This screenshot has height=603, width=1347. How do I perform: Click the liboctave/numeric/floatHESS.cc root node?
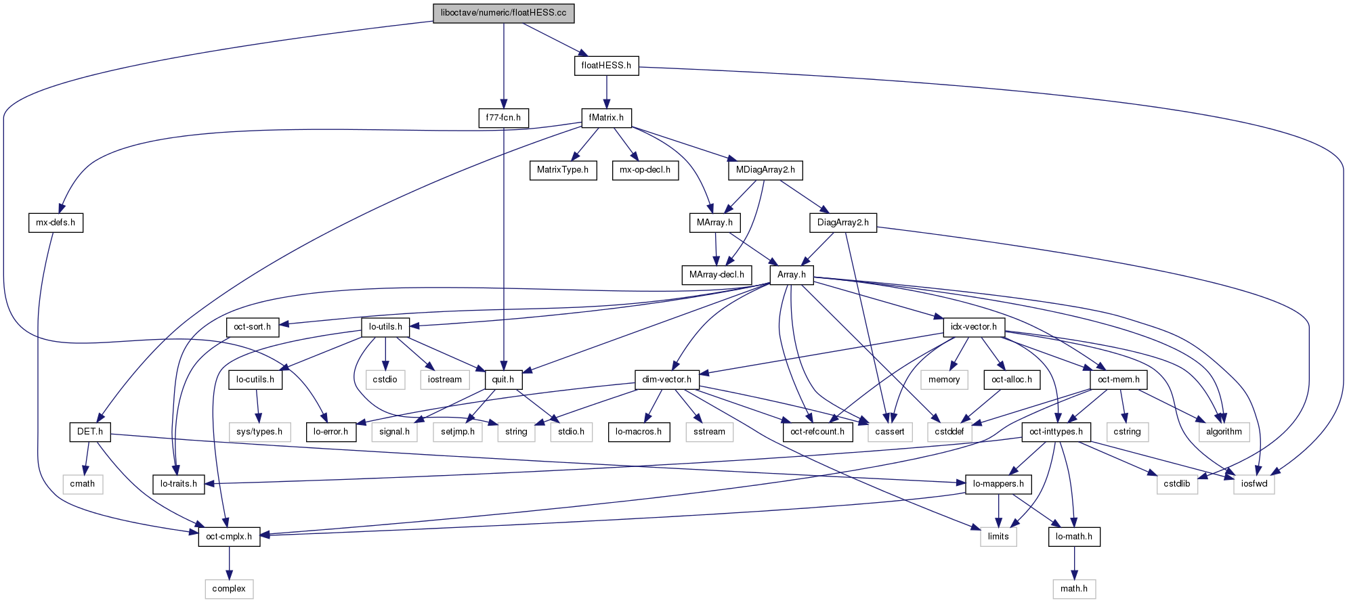[x=503, y=13]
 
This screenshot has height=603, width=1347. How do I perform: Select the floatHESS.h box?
[x=606, y=66]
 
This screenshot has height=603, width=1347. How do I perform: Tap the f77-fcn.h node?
[x=503, y=118]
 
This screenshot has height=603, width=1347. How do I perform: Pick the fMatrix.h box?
[x=606, y=118]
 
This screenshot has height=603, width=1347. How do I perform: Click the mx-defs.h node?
[x=56, y=223]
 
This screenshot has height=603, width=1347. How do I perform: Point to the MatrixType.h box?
[x=563, y=170]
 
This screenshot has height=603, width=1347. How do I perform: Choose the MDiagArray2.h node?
[x=765, y=170]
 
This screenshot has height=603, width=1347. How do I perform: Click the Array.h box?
[x=792, y=275]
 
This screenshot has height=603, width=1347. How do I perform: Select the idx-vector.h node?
[x=974, y=327]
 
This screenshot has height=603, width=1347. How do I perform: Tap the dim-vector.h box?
[x=667, y=380]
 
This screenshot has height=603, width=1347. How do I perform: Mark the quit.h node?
[x=503, y=380]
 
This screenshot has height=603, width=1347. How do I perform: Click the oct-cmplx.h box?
[x=229, y=537]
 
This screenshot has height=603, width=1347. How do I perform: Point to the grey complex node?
[x=229, y=589]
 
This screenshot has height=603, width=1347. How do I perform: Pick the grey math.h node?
[x=1074, y=589]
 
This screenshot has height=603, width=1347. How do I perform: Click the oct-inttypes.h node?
[x=1056, y=432]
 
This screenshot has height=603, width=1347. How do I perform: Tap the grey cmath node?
[x=83, y=484]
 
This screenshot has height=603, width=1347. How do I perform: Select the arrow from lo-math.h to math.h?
[x=1074, y=562]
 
